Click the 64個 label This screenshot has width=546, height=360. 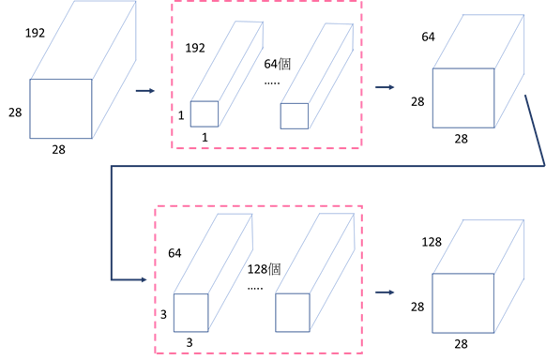coord(277,64)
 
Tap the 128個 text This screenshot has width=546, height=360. coord(264,269)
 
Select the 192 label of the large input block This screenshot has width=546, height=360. coord(35,33)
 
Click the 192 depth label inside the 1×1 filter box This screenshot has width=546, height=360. coord(195,48)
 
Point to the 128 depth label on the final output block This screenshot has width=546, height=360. coord(432,242)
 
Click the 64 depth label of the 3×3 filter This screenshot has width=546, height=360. coord(174,253)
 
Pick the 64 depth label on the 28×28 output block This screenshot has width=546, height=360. coord(428,37)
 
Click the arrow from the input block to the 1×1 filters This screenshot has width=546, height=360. coord(145,91)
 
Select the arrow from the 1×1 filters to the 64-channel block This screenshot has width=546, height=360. coord(385,87)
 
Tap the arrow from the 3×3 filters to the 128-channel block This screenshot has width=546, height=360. coord(385,292)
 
